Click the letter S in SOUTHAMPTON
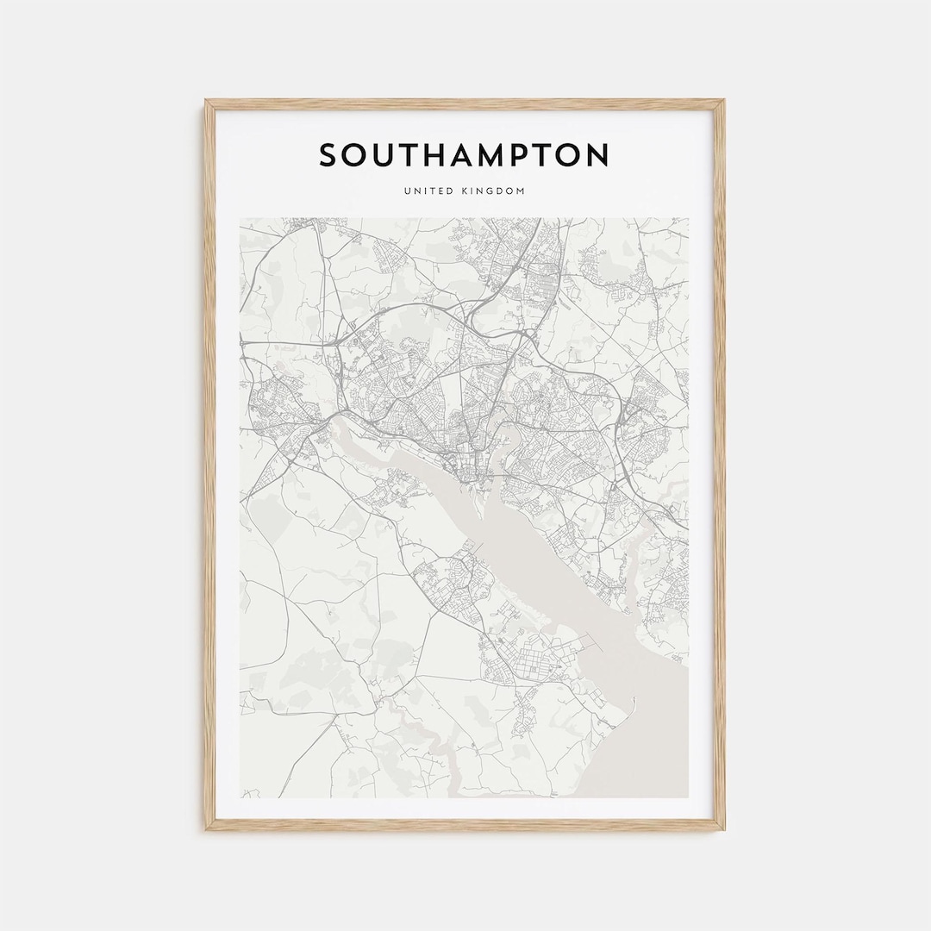coord(331,156)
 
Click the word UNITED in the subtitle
coord(427,191)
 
